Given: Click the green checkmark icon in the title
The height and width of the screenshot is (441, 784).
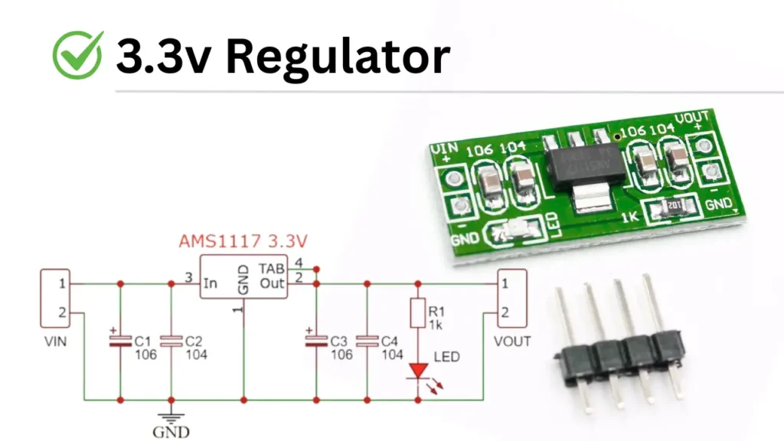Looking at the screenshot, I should click(x=77, y=55).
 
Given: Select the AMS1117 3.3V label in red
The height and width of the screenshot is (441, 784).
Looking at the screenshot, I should click(x=243, y=241).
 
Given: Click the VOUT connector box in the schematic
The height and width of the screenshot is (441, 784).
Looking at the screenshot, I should click(x=511, y=299).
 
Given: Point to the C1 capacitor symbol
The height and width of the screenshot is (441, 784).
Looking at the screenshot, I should click(x=119, y=341).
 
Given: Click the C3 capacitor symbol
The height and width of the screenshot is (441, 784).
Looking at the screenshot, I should click(x=315, y=341).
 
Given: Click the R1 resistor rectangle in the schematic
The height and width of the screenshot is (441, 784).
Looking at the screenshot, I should click(x=417, y=313).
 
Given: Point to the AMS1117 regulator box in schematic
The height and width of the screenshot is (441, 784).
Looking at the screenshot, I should click(x=243, y=276).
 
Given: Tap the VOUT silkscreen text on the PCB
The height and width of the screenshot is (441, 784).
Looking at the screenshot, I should click(x=693, y=118).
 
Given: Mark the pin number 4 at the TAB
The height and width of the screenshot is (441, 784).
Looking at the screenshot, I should click(x=299, y=263).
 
